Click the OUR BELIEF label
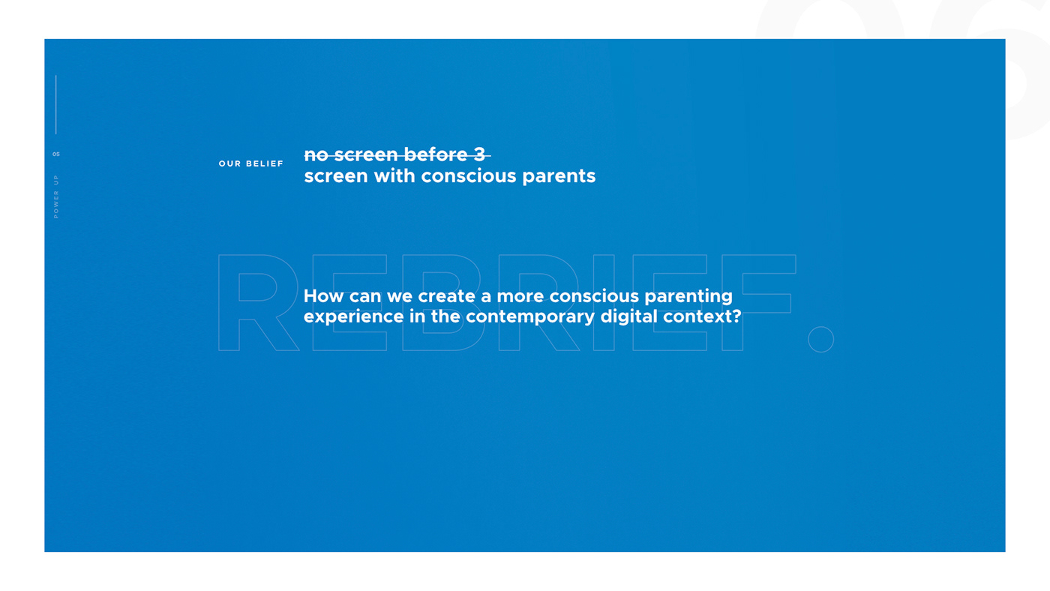pyautogui.click(x=250, y=163)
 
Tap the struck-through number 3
pyautogui.click(x=479, y=154)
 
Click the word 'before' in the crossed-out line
pyautogui.click(x=436, y=154)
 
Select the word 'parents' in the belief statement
pyautogui.click(x=559, y=177)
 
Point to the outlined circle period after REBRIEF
pyautogui.click(x=820, y=339)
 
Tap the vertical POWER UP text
pyautogui.click(x=55, y=196)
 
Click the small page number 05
pyautogui.click(x=56, y=154)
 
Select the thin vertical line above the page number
pyautogui.click(x=55, y=104)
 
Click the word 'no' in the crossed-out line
pyautogui.click(x=316, y=155)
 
